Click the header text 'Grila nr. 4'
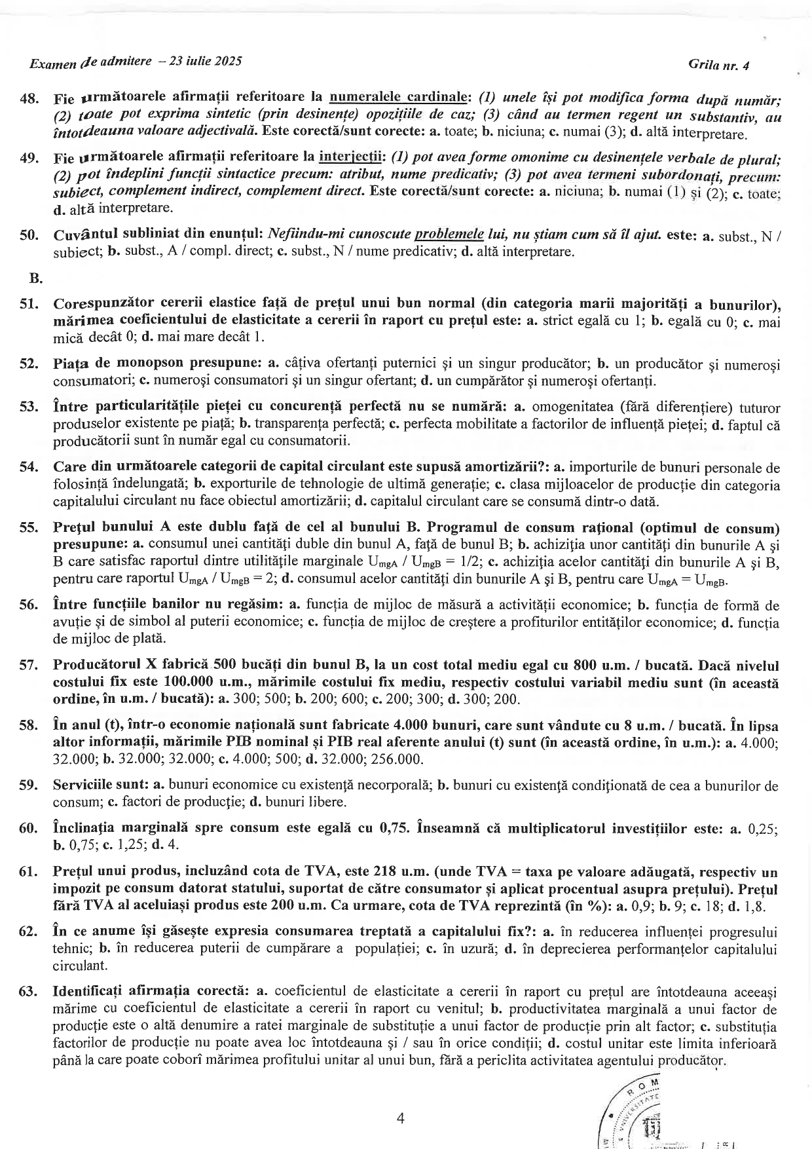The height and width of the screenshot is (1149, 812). pyautogui.click(x=718, y=66)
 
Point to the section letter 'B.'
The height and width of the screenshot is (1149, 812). pyautogui.click(x=36, y=278)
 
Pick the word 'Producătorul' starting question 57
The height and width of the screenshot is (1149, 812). pyautogui.click(x=98, y=666)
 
